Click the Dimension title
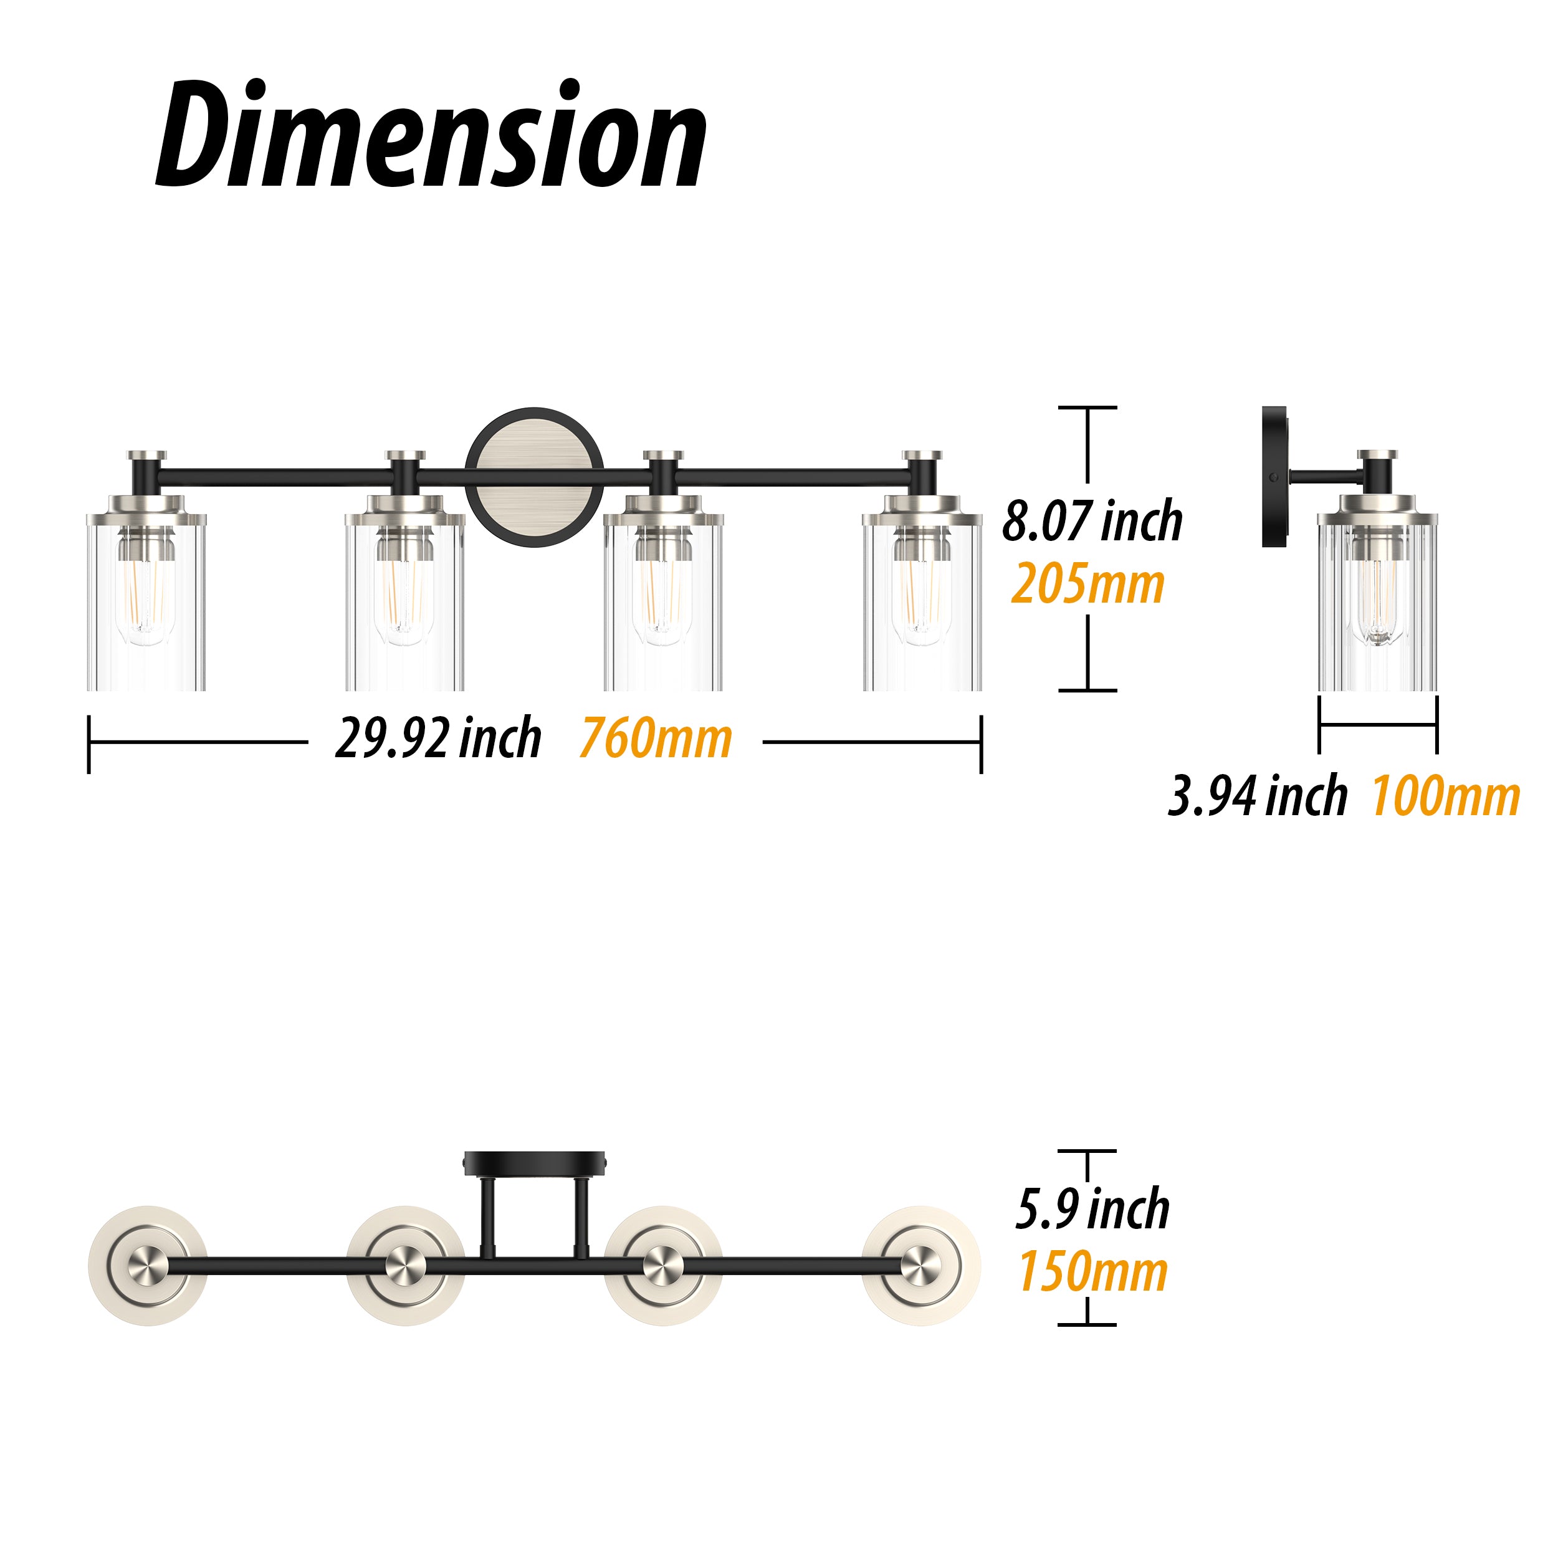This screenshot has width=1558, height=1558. [431, 135]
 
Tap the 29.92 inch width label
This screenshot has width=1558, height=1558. [438, 738]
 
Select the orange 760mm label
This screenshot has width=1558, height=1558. [656, 738]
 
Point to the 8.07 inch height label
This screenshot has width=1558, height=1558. [1092, 521]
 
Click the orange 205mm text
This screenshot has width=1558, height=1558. [1088, 584]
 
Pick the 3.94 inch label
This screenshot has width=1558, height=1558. [1257, 795]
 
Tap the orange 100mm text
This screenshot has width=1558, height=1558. [1446, 796]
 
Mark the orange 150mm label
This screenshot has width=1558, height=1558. [1092, 1272]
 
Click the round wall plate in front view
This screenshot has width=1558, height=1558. [535, 477]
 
